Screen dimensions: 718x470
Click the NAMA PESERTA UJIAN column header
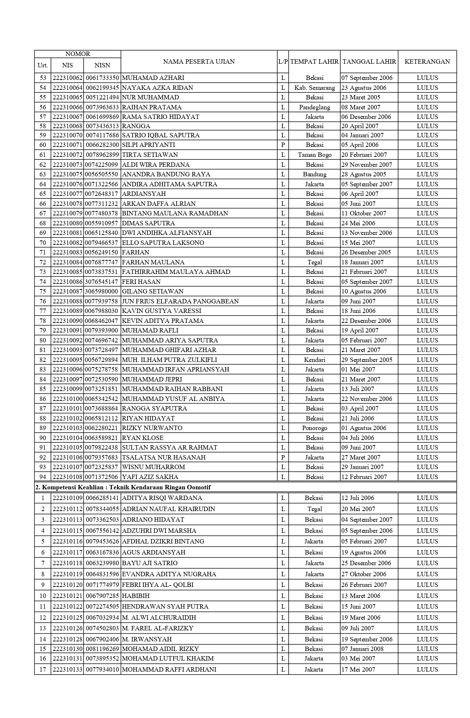(199, 61)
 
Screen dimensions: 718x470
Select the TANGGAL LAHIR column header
(369, 61)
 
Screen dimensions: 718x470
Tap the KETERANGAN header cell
(427, 61)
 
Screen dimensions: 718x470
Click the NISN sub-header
(102, 65)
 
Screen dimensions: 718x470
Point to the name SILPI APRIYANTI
(148, 145)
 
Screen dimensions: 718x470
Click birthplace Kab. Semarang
(314, 88)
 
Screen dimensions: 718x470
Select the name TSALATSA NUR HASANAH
(164, 457)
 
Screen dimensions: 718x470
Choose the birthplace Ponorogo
(314, 428)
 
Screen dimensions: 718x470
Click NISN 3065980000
(102, 291)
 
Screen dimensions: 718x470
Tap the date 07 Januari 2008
(362, 649)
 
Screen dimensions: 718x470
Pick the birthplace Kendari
(314, 360)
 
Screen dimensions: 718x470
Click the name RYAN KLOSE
(143, 438)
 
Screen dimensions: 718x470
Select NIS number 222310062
(67, 78)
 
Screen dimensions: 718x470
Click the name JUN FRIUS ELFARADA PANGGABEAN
(180, 301)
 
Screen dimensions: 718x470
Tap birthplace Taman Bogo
(314, 155)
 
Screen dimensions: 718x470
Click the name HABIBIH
(136, 596)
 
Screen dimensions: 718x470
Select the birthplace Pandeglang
(314, 107)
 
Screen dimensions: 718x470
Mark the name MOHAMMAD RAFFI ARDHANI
(169, 669)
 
